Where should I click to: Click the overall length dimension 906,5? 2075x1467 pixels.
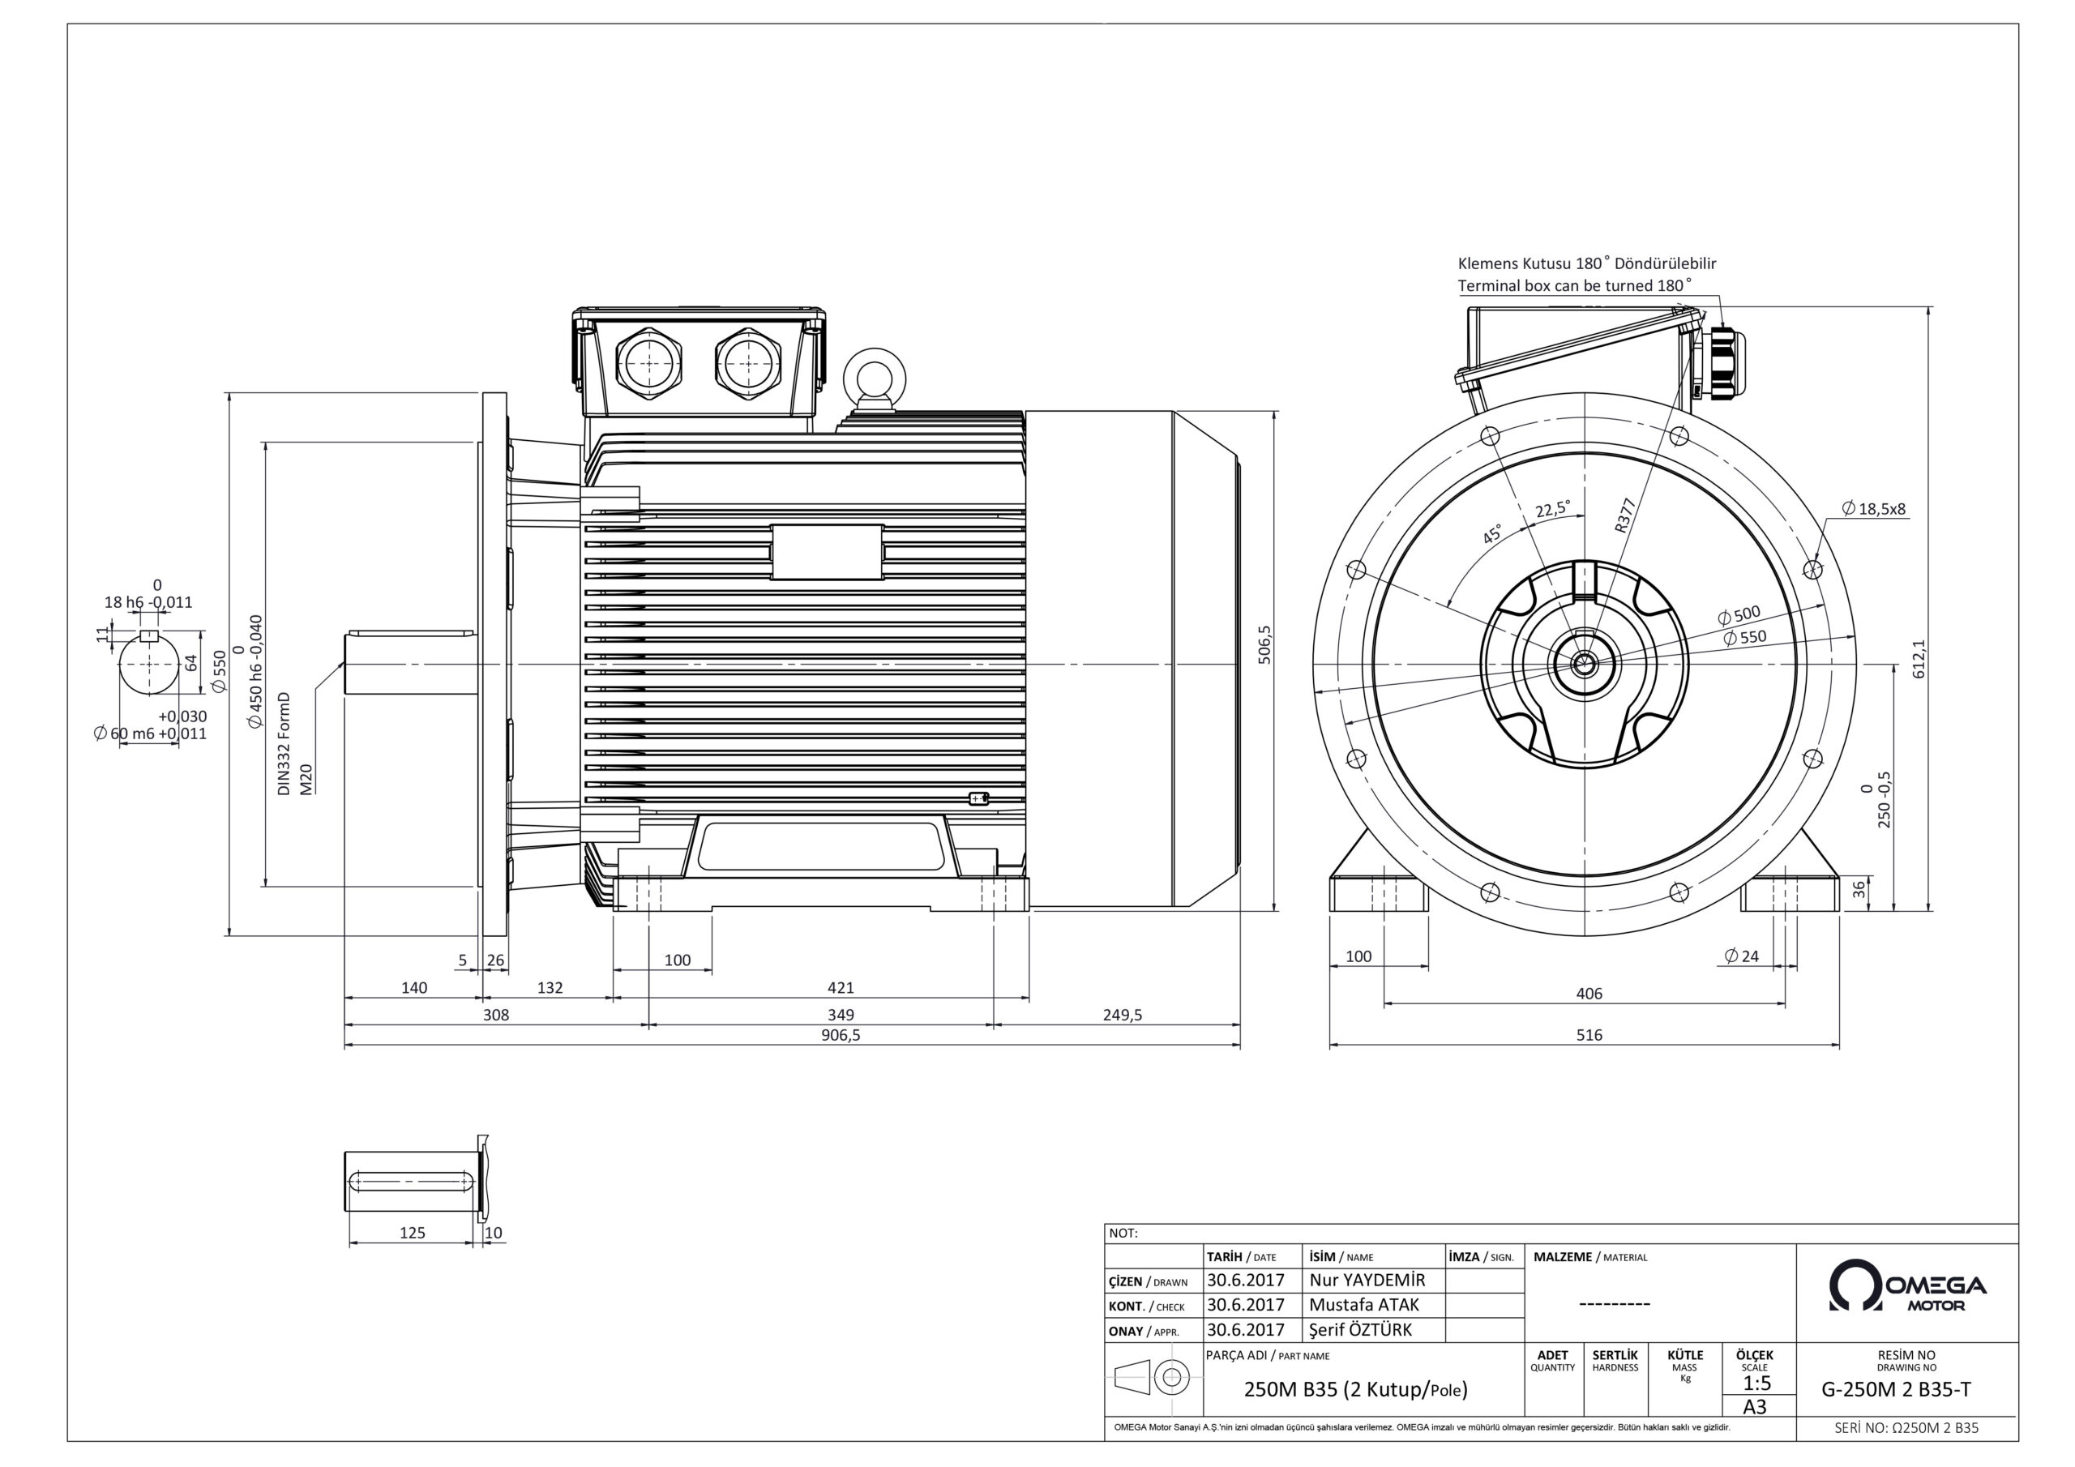click(x=841, y=1035)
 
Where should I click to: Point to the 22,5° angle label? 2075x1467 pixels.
click(x=1553, y=509)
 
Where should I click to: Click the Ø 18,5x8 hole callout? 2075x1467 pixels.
click(x=1872, y=509)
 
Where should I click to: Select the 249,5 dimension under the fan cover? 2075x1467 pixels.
click(x=1122, y=1014)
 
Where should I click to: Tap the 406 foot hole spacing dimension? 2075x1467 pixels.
click(x=1588, y=994)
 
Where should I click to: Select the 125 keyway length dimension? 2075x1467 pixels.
click(x=412, y=1232)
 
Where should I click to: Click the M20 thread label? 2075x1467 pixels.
click(x=306, y=778)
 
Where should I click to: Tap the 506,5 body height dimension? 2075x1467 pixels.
click(x=1265, y=644)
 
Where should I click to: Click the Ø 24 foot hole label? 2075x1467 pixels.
click(x=1742, y=956)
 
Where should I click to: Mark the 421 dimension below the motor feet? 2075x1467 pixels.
click(x=841, y=988)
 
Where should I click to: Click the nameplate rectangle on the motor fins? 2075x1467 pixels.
click(x=826, y=551)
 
